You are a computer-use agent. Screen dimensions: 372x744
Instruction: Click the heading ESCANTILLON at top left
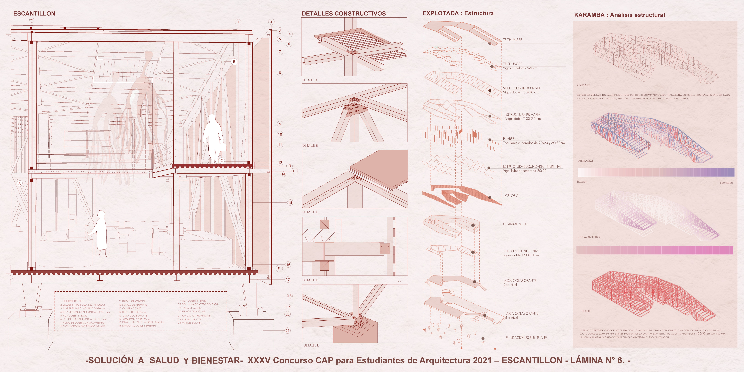pos(34,14)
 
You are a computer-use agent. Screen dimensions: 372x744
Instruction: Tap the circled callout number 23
pos(32,20)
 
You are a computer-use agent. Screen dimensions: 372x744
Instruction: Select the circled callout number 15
pos(290,202)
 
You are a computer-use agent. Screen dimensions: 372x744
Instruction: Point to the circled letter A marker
pos(20,183)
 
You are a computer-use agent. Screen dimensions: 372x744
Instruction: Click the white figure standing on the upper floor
pos(213,139)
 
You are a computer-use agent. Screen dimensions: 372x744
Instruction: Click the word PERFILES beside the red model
pos(587,311)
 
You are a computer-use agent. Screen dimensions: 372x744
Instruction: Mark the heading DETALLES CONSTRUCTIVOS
pos(343,14)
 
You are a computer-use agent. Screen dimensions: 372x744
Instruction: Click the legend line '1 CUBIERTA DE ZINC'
pos(72,301)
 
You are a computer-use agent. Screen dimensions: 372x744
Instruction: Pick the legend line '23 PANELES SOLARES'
pos(190,323)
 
